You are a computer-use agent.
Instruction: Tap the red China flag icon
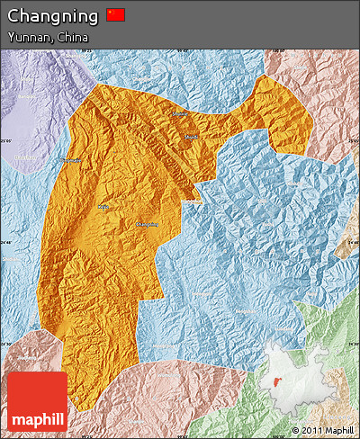tap(116, 15)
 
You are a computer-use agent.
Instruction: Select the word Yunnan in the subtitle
tap(28, 37)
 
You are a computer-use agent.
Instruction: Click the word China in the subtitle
tap(72, 37)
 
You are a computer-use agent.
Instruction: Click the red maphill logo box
tap(37, 401)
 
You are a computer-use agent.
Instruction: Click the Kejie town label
tap(69, 160)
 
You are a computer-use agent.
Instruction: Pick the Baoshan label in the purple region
tap(24, 157)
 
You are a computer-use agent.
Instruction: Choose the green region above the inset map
tap(328, 324)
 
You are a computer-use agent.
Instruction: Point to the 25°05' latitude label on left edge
tap(6, 140)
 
